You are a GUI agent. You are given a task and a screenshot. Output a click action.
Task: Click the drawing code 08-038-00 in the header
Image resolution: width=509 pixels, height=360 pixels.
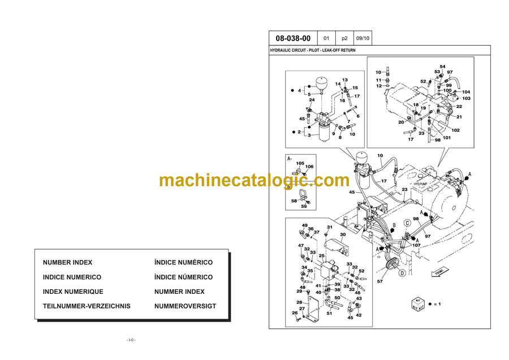coord(292,38)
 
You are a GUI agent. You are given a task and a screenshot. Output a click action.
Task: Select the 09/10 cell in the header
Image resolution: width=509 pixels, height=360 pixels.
coord(363,38)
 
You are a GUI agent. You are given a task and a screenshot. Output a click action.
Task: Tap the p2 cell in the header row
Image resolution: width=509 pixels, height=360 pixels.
coord(345,38)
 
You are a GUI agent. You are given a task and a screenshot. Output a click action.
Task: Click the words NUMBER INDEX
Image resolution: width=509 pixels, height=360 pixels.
coord(67,263)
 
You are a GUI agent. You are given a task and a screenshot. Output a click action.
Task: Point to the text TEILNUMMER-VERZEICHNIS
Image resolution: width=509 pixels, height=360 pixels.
coord(87,306)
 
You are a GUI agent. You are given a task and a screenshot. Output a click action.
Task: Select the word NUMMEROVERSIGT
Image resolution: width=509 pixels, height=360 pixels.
coord(185,306)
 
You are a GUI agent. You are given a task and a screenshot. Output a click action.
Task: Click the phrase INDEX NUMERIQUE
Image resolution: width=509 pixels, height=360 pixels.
coord(73,292)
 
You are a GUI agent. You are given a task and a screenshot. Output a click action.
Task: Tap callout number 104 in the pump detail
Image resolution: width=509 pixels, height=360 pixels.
coord(466,92)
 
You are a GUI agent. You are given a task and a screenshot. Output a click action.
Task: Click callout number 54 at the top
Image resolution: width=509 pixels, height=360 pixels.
coord(442,66)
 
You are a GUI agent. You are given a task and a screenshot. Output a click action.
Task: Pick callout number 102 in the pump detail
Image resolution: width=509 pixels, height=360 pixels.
coord(455,131)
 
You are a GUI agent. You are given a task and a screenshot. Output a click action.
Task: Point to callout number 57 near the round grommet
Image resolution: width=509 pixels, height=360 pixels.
coord(380,281)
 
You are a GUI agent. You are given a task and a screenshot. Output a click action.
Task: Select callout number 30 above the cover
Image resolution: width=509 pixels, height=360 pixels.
coord(343,235)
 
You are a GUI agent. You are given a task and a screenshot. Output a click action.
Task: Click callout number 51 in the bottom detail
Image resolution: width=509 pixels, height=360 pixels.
coord(329,313)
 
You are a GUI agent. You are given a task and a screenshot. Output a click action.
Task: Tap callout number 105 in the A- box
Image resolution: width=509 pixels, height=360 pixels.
coord(300,163)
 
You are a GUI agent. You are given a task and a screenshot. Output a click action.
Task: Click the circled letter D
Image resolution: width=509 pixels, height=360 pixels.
coord(402,273)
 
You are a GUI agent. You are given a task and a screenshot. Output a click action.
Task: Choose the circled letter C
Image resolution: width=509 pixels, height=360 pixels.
coord(407,223)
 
